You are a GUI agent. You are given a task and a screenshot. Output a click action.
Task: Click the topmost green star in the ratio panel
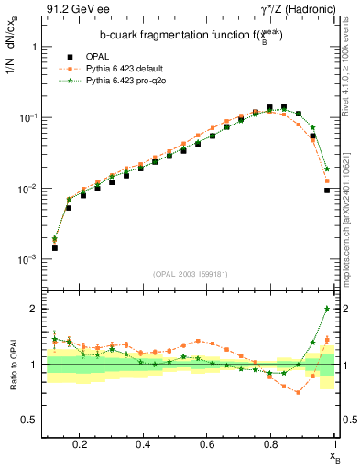click(327, 309)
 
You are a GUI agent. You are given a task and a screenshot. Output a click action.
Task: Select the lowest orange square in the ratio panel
click(298, 392)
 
